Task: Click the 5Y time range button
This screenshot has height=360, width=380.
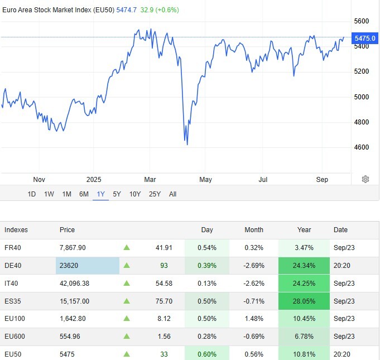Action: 117,194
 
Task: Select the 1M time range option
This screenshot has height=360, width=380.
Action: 66,194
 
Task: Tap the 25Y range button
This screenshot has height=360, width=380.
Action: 155,194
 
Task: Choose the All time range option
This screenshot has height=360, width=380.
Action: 172,194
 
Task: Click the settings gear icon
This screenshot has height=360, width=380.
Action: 365,179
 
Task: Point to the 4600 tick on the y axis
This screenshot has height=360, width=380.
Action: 362,147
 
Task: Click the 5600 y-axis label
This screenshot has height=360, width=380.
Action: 362,21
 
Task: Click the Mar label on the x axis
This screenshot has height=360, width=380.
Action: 150,179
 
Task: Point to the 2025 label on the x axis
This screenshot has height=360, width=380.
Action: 94,179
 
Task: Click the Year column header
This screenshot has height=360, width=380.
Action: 305,230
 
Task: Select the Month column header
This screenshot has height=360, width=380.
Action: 253,230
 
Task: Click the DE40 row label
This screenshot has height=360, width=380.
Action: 13,266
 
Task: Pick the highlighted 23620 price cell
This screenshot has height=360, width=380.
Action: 87,266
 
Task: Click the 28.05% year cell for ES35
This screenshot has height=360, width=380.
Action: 305,301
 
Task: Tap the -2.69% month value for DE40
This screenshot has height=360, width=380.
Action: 253,266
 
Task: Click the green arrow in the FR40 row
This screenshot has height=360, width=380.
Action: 127,248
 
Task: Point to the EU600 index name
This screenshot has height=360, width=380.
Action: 15,337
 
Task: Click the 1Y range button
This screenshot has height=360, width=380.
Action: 101,194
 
